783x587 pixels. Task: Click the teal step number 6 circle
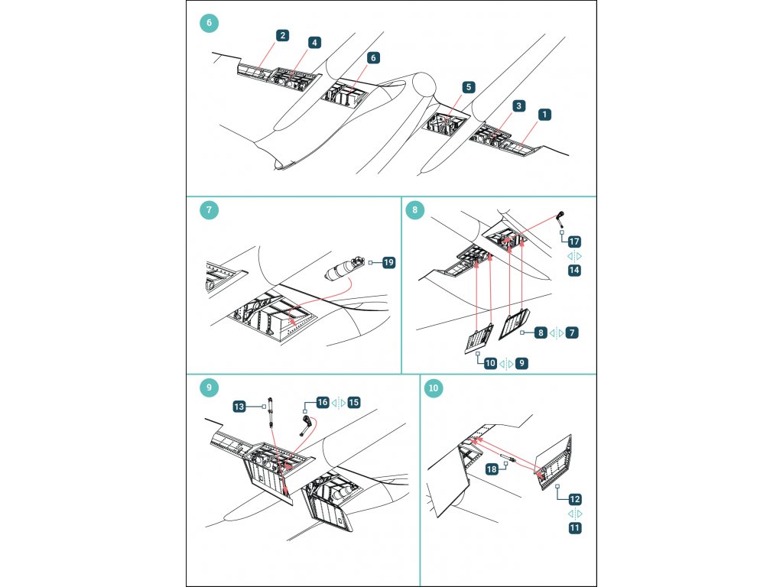coord(210,23)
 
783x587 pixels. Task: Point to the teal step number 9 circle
coord(210,388)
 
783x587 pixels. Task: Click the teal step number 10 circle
coord(434,388)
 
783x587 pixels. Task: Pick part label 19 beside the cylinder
coord(388,263)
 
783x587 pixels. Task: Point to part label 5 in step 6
coord(468,88)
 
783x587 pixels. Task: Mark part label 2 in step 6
coord(284,35)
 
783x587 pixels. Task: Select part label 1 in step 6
coord(544,114)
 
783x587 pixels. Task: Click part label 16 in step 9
coord(323,402)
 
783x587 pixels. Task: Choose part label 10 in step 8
coord(490,364)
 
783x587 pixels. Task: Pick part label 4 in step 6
coord(315,43)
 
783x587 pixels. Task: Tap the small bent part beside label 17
coord(560,218)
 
